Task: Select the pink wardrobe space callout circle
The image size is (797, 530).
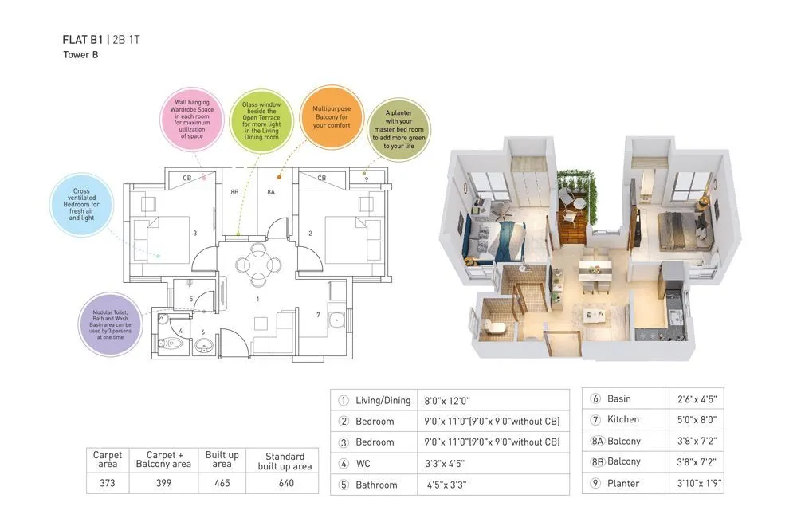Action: pos(191,120)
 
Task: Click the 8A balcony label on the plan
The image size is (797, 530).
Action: pos(271,192)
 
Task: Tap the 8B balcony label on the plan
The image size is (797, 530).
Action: pos(234,192)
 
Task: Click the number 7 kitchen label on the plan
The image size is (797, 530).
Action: pos(317,316)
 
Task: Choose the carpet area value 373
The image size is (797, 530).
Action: pos(108,483)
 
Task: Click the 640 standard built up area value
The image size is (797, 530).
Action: pos(285,483)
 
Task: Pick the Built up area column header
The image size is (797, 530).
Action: pos(222,458)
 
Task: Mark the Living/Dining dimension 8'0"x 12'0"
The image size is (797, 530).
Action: pos(453,400)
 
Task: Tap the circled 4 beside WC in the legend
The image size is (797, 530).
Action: pos(344,463)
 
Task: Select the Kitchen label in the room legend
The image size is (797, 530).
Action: pos(622,419)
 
